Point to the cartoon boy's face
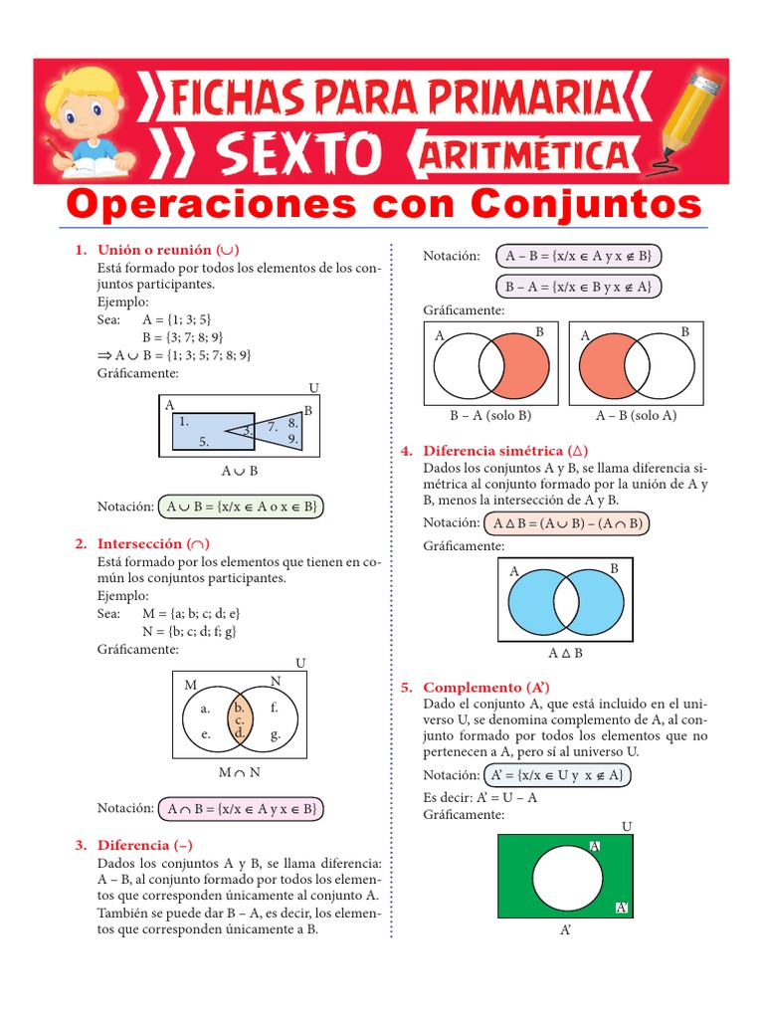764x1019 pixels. [x=84, y=109]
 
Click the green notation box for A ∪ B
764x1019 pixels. [x=241, y=507]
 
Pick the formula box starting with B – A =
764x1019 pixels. [x=577, y=287]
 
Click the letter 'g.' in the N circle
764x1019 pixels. [x=275, y=735]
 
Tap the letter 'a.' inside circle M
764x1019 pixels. [x=206, y=710]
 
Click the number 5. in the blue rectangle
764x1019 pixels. [x=203, y=441]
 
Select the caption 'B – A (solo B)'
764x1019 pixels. [x=491, y=415]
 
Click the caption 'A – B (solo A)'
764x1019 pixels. [x=636, y=415]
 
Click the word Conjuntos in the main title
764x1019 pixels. [x=585, y=204]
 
